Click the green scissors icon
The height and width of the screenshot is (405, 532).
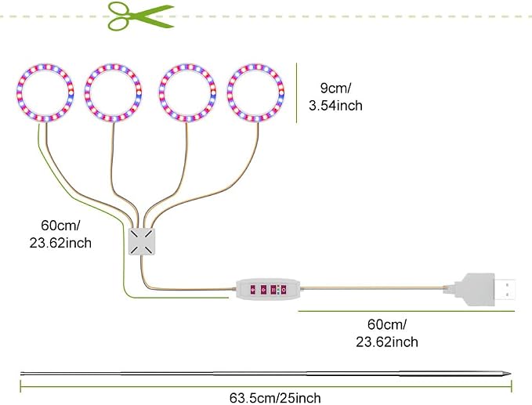[x=141, y=16]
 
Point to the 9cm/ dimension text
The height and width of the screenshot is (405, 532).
[x=335, y=89]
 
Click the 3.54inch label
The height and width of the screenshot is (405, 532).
[x=335, y=106]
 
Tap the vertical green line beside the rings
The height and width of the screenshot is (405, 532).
[x=296, y=92]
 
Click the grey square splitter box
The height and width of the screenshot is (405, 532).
[x=142, y=241]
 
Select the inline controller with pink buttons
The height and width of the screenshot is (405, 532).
[x=269, y=289]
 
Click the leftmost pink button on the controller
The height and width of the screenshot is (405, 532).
[x=252, y=290]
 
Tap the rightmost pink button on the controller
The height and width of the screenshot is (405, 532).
[x=284, y=290]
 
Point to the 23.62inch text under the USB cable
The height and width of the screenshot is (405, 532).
[x=387, y=342]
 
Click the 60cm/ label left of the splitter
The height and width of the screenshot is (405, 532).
[x=60, y=226]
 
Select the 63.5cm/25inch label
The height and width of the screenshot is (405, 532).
[x=275, y=398]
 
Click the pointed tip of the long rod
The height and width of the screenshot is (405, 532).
[x=511, y=374]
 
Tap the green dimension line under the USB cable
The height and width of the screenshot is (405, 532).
[x=407, y=311]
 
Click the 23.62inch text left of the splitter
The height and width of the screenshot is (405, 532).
[x=60, y=243]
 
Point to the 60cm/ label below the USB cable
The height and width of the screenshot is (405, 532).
[x=387, y=324]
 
